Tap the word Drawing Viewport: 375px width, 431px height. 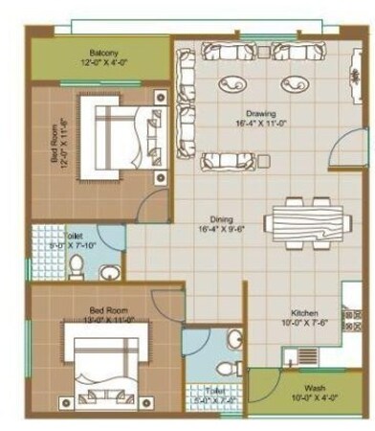click(254, 113)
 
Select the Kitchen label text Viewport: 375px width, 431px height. click(305, 313)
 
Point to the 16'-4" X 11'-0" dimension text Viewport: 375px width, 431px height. click(254, 124)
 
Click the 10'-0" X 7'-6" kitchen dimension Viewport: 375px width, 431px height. click(305, 324)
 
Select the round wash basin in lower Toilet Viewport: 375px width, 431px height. click(235, 339)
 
